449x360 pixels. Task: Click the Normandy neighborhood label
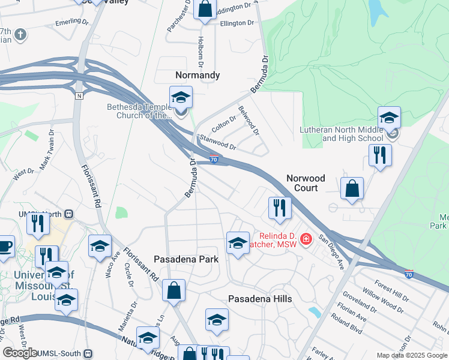(197, 76)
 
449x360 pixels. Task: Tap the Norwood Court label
(306, 183)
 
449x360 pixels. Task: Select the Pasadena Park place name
(186, 259)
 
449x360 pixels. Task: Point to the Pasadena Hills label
(260, 299)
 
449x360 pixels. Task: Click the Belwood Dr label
(249, 120)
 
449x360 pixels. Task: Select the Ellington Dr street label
(237, 23)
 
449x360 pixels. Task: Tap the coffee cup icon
(5, 246)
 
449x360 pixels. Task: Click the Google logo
(20, 353)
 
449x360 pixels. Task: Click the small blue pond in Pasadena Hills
(313, 312)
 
